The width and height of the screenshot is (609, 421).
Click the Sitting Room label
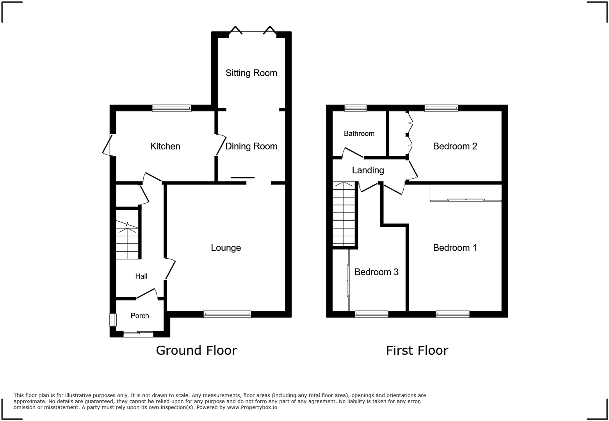251,73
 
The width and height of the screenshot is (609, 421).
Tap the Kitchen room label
165,146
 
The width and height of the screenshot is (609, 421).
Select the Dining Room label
251,146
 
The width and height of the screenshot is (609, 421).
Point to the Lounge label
226,248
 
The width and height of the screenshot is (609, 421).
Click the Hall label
141,276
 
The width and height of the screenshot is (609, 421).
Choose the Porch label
140,316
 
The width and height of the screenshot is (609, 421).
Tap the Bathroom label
359,133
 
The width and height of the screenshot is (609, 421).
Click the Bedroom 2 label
455,146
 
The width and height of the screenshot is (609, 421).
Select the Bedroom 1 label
455,248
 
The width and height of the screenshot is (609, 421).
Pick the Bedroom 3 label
376,272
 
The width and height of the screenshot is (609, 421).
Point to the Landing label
368,170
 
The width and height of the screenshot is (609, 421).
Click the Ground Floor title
196,350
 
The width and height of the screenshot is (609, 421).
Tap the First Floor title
417,350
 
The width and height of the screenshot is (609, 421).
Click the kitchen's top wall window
172,108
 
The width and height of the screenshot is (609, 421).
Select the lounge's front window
227,314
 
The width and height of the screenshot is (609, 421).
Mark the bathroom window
356,108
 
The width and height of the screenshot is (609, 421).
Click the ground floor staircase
127,240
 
